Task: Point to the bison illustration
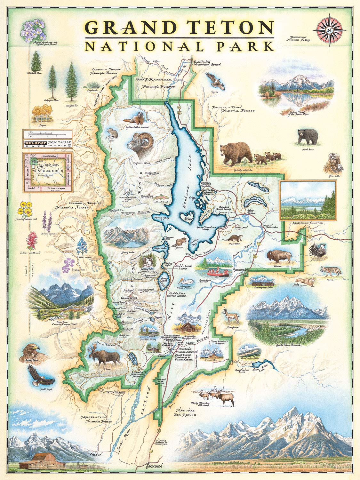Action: (279, 256)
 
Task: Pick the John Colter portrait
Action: (334, 164)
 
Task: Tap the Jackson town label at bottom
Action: (153, 466)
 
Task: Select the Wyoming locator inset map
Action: (47, 172)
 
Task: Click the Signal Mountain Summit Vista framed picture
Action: (308, 200)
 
